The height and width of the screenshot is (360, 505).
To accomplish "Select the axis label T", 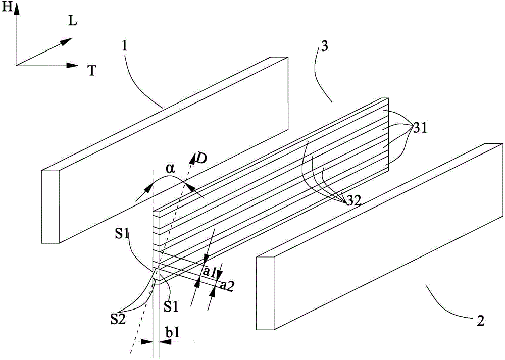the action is (92, 71).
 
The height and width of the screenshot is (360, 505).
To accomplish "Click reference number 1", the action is (125, 46).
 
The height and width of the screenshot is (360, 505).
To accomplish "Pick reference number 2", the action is (480, 321).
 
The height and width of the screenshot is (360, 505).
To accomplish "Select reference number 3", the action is (325, 46).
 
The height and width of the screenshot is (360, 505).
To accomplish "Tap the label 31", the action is (420, 128).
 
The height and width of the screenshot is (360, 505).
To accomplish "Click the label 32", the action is (353, 201).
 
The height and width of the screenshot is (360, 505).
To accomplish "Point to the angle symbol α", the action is (170, 169).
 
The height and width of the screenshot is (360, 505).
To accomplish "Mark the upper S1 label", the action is (122, 235).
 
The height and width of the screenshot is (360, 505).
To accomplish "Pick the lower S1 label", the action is (171, 306).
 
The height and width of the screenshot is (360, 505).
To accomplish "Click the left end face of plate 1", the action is (50, 207).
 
